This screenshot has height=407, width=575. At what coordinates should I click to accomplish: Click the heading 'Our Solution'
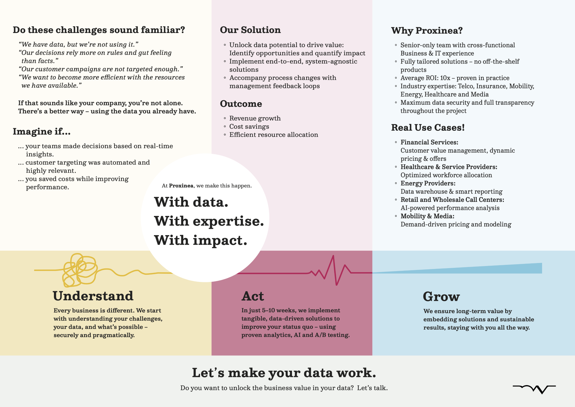coord(250,30)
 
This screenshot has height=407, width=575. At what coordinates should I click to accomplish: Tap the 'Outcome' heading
coord(241,104)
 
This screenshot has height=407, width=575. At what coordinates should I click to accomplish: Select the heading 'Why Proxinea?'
coord(427,31)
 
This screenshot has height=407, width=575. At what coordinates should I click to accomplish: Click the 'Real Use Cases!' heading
coord(428,127)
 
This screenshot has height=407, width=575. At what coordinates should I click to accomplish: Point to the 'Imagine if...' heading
coord(42,131)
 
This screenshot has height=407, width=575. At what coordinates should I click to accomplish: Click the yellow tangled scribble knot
coord(80,270)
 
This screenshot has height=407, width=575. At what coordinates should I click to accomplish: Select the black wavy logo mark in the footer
coord(534,389)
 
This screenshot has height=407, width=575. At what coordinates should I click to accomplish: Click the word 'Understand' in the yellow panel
coord(93,296)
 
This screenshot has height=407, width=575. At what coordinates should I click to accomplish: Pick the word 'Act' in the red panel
coord(253,296)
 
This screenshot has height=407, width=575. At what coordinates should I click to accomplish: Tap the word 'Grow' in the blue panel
coord(441,297)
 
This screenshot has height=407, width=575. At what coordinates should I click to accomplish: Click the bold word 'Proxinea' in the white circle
coord(181,186)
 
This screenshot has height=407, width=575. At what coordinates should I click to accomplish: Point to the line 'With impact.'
coord(201,240)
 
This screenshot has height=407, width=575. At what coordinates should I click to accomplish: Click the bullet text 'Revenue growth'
coord(255,118)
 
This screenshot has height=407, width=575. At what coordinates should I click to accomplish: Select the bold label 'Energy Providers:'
coord(428,183)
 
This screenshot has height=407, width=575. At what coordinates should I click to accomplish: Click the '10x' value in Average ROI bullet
coord(445,78)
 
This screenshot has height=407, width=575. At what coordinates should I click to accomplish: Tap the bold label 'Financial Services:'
coord(429,142)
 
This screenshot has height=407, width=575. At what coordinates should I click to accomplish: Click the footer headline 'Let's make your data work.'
coord(284,373)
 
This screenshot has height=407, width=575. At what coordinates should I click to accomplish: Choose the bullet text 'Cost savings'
coord(249,127)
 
